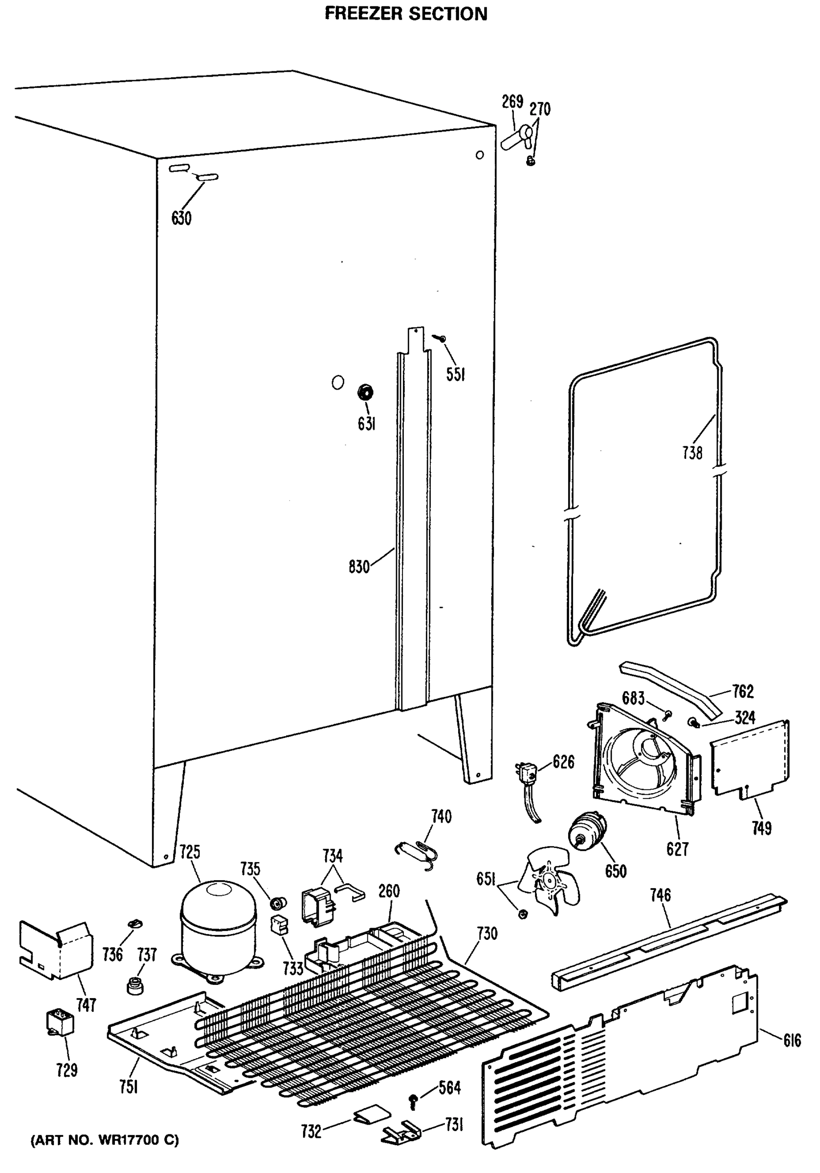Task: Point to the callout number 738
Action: [692, 453]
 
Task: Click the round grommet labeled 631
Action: [365, 393]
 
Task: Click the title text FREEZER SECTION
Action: [406, 14]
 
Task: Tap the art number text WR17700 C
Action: [105, 1140]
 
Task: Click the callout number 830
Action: [359, 566]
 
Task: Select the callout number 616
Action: [792, 1041]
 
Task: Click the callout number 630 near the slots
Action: [181, 218]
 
